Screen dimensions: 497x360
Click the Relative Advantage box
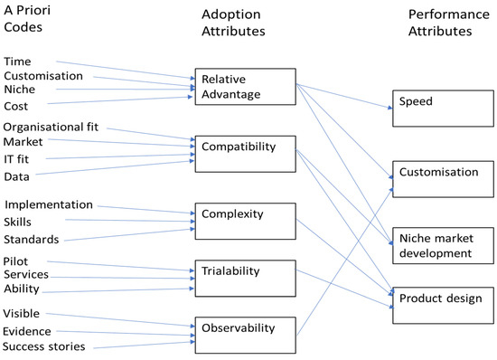tap(245, 87)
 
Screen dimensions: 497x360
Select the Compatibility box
tap(245, 154)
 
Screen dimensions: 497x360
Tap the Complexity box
tap(245, 222)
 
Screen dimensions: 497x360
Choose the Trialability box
tap(245, 279)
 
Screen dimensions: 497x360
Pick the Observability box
tap(245, 336)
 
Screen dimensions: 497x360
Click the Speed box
tap(443, 109)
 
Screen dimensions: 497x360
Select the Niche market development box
tap(443, 245)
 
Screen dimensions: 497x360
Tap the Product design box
tap(443, 306)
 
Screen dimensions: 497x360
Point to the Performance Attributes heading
tap(448, 23)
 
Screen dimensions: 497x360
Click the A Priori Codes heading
tap(27, 19)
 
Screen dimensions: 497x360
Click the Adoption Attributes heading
tap(233, 23)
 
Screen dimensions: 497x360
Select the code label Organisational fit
tap(51, 127)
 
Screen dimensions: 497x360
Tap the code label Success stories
tap(43, 346)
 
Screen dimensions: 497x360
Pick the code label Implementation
tap(49, 205)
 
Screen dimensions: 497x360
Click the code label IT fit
tap(16, 159)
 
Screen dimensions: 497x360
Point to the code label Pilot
tap(15, 261)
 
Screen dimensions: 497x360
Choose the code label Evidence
tap(27, 331)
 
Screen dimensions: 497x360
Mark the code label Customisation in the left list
tap(43, 76)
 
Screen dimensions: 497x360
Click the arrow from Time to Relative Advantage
tap(126, 70)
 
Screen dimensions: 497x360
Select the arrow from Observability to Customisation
tap(345, 261)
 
